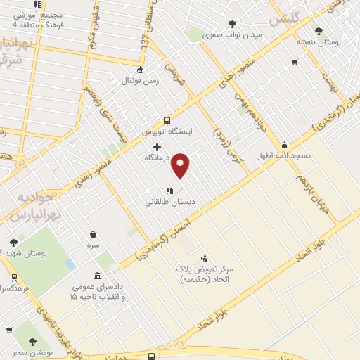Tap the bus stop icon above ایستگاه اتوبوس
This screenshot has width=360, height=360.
pos(167,120)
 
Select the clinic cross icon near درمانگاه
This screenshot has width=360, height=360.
pos(157,148)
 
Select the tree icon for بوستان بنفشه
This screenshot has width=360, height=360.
pos(320,30)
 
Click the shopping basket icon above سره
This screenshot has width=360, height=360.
pos(94,235)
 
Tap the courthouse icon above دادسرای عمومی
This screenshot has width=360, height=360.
pos(96,276)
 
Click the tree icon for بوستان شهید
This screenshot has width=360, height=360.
pos(13,243)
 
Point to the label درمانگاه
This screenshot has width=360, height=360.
pos(157,159)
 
